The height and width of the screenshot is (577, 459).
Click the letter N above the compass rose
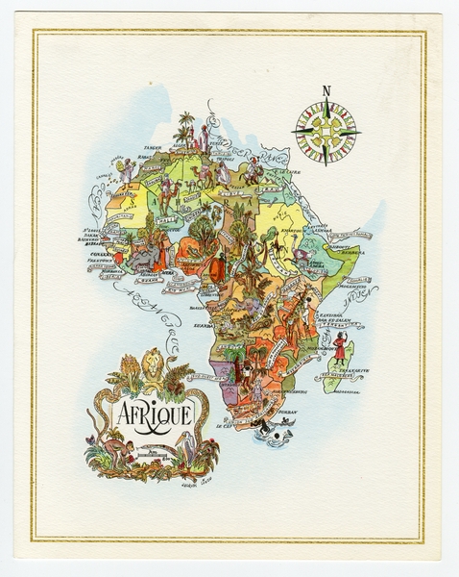click(x=326, y=91)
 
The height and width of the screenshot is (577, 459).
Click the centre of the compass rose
click(x=326, y=132)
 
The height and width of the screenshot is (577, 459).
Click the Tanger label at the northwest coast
click(x=153, y=147)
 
